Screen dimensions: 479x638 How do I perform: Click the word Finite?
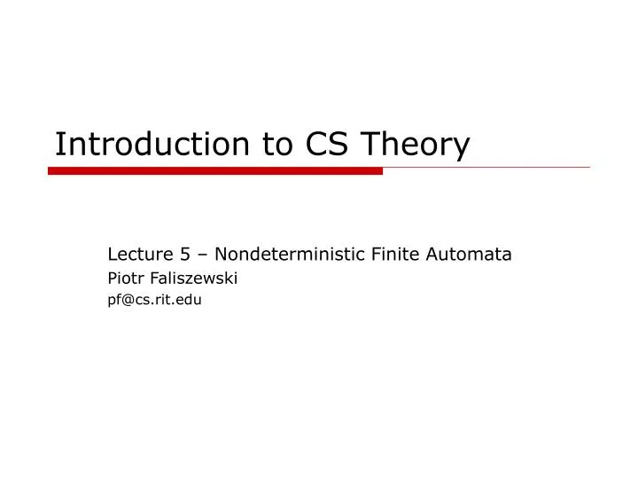[391, 255]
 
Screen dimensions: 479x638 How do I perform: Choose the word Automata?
[471, 255]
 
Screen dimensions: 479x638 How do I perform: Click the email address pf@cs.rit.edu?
[154, 300]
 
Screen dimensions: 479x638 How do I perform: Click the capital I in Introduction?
[58, 145]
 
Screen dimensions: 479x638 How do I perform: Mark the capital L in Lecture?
[112, 255]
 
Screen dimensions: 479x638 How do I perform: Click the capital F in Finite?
[369, 255]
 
